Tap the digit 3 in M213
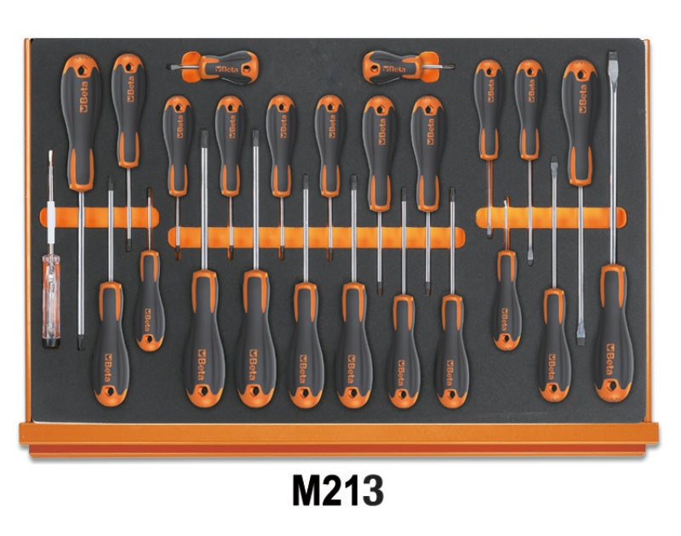371,493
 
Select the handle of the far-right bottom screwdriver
613,334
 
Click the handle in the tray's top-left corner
83,119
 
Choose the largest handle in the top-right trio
579,119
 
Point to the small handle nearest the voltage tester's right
148,302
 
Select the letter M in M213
310,493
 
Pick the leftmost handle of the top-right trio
488,106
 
